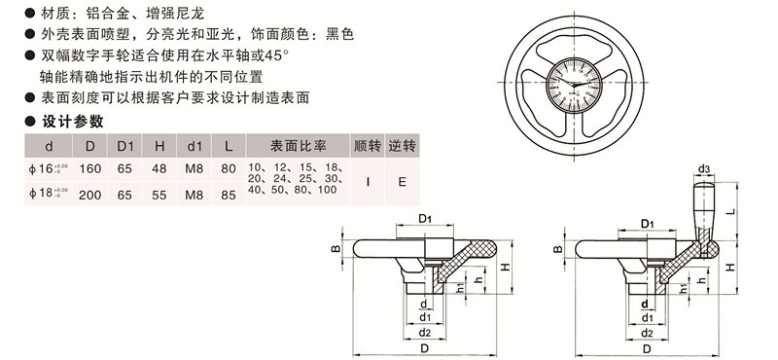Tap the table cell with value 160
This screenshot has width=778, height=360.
click(x=90, y=169)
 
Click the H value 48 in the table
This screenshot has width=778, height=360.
click(x=160, y=169)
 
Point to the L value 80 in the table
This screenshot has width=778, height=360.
click(x=229, y=169)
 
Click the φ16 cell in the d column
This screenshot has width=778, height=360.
click(x=47, y=169)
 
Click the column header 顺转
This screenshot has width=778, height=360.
click(x=367, y=146)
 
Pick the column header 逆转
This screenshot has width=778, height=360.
click(x=402, y=146)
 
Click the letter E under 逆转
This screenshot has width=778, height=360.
click(x=402, y=181)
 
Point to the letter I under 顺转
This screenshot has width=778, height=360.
click(x=367, y=181)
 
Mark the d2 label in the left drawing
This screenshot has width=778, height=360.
click(x=425, y=333)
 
